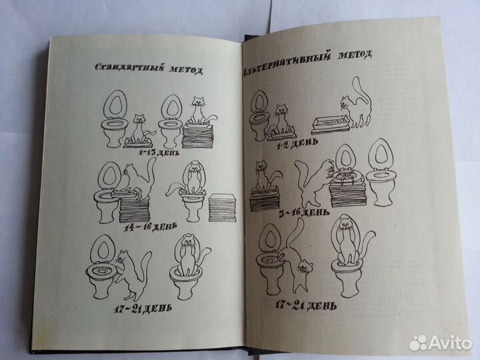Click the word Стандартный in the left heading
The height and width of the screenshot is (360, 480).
[126, 69]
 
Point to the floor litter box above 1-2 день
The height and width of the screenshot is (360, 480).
[329, 123]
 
